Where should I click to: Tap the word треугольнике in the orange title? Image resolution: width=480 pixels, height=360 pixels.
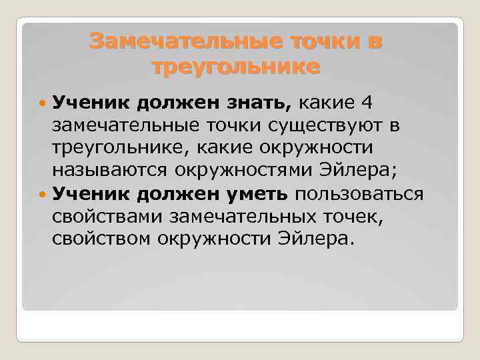[236, 67]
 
